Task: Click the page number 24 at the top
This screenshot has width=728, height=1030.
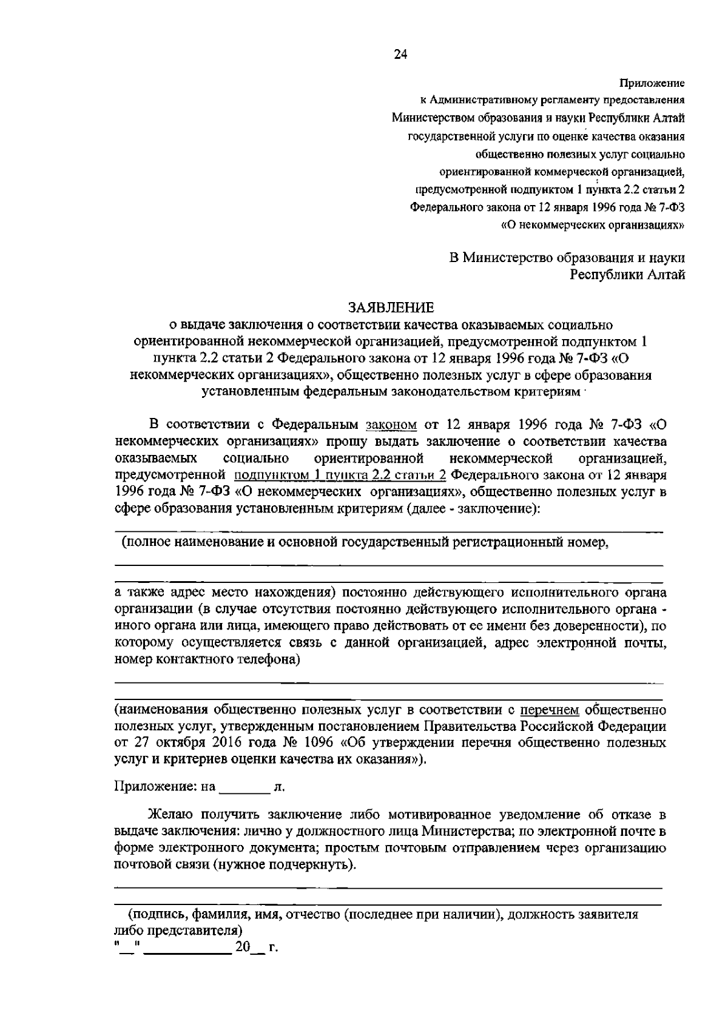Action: (x=400, y=55)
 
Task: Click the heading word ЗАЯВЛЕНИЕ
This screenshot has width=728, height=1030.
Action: (x=391, y=307)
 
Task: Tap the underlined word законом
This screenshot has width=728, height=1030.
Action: (x=392, y=423)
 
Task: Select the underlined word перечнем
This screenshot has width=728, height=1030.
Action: (x=550, y=709)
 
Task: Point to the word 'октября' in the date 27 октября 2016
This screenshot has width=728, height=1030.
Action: (x=164, y=742)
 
